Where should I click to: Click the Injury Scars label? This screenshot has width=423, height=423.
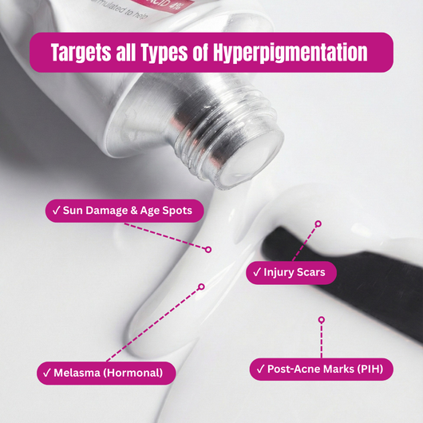(291, 272)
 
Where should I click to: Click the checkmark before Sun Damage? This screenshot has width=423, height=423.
(57, 211)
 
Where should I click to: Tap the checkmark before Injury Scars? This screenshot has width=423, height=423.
(257, 272)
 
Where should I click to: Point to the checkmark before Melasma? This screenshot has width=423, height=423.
(47, 372)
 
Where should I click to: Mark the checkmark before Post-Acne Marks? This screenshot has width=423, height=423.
(259, 369)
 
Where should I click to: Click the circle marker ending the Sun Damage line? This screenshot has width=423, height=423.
(208, 249)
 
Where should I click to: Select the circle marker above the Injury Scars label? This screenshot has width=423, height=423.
(318, 223)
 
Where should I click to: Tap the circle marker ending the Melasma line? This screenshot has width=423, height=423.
(201, 286)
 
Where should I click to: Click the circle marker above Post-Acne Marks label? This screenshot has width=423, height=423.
(321, 319)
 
